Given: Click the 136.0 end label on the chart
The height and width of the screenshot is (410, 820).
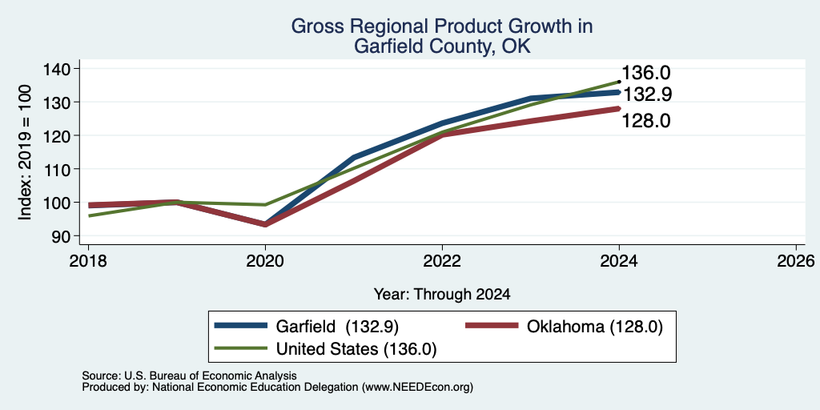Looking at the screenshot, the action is pyautogui.click(x=646, y=73).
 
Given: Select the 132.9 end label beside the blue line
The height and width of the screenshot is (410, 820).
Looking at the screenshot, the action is pyautogui.click(x=647, y=94).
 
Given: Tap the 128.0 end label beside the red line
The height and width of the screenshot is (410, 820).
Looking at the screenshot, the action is pyautogui.click(x=646, y=121).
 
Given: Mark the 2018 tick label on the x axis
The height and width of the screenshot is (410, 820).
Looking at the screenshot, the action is pyautogui.click(x=88, y=260).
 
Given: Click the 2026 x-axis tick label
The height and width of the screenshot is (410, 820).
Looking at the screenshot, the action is pyautogui.click(x=796, y=260).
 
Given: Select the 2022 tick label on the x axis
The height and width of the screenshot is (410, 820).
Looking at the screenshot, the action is pyautogui.click(x=442, y=260).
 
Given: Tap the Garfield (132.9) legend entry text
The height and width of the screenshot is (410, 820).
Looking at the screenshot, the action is pyautogui.click(x=337, y=327).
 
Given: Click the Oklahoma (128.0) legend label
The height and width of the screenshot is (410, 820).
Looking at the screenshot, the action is pyautogui.click(x=595, y=327).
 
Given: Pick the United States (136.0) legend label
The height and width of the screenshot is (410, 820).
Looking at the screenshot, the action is pyautogui.click(x=356, y=349).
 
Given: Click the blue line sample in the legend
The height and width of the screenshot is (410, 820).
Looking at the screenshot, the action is pyautogui.click(x=240, y=326).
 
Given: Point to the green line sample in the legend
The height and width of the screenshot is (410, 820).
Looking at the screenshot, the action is pyautogui.click(x=240, y=348).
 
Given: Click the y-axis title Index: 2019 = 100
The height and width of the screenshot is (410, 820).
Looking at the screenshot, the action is pyautogui.click(x=25, y=152).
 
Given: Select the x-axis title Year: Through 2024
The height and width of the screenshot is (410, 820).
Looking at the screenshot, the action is pyautogui.click(x=442, y=295).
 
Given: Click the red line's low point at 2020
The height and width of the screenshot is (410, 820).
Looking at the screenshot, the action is pyautogui.click(x=265, y=224).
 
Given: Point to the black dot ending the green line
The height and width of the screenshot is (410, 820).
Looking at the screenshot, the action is pyautogui.click(x=619, y=82).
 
